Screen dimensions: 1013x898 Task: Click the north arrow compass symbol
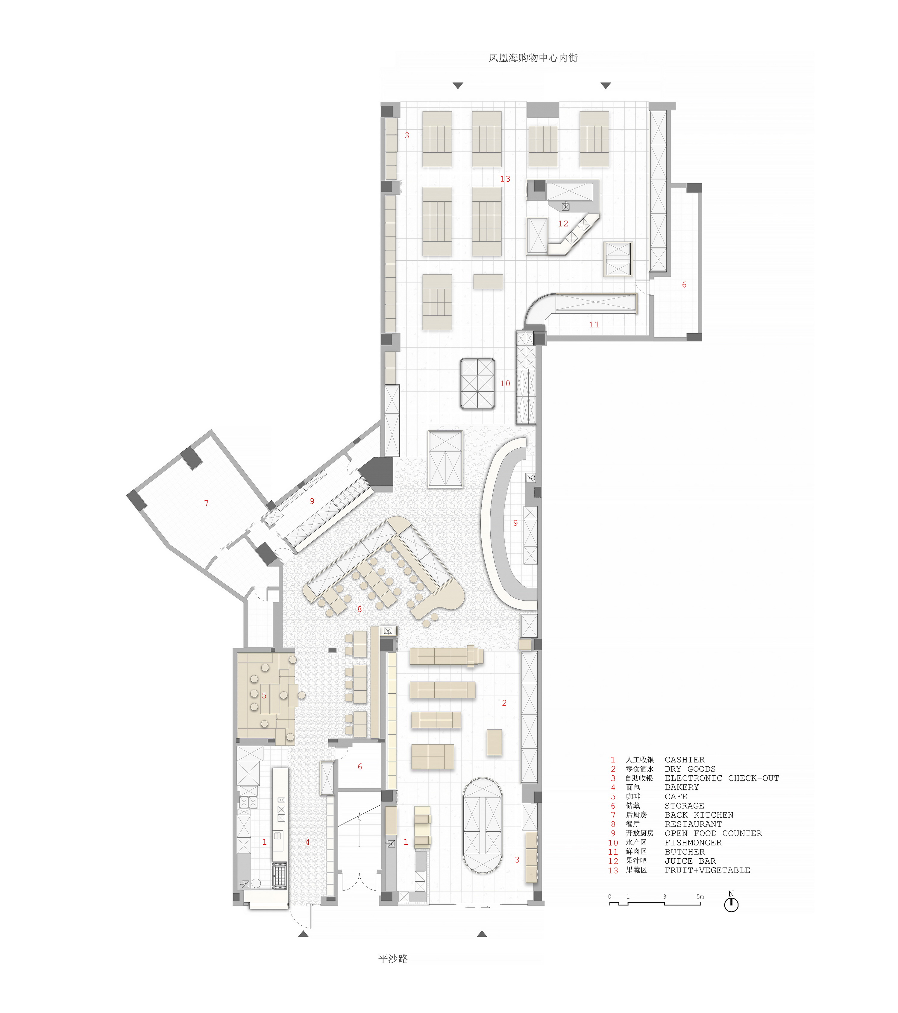[731, 904]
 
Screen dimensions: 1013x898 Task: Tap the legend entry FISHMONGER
[693, 842]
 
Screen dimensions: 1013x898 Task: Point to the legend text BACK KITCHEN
[699, 815]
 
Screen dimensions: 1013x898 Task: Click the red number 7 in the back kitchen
[207, 503]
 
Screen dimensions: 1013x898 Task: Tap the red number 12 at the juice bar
[563, 224]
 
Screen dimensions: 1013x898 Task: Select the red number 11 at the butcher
[594, 325]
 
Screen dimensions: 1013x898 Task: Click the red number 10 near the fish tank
[505, 383]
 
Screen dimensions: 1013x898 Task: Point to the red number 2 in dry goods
[504, 703]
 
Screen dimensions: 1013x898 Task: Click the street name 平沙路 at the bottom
[393, 959]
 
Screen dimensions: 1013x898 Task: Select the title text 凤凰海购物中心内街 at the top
[533, 58]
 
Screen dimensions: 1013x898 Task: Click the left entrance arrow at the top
[458, 86]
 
